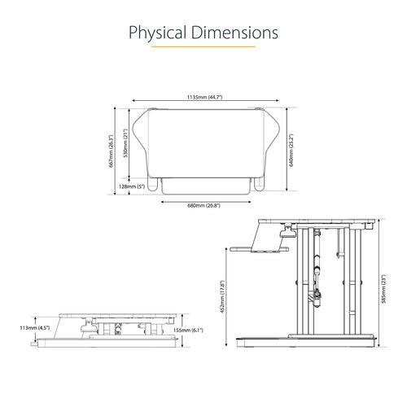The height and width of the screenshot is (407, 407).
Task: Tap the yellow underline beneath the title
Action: pos(203,46)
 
